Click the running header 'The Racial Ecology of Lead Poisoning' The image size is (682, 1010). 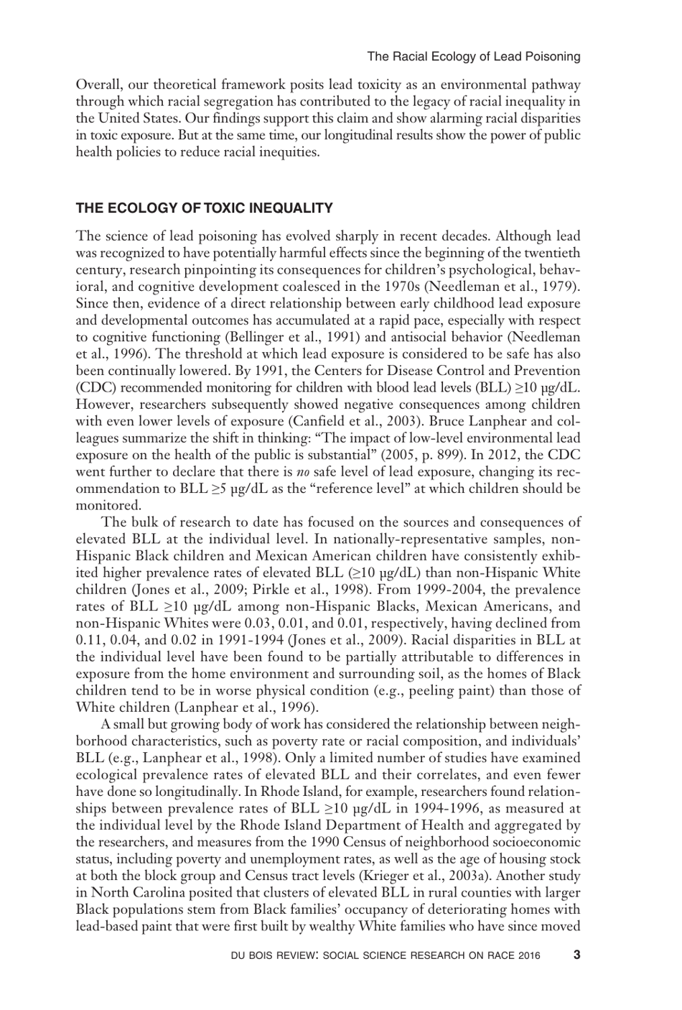click(x=473, y=56)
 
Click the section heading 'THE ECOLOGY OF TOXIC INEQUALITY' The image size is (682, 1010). click(x=205, y=209)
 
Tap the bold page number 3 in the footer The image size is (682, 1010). click(x=576, y=955)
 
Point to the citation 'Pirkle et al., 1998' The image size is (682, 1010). click(x=248, y=590)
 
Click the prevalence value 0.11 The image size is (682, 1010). click(x=89, y=640)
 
